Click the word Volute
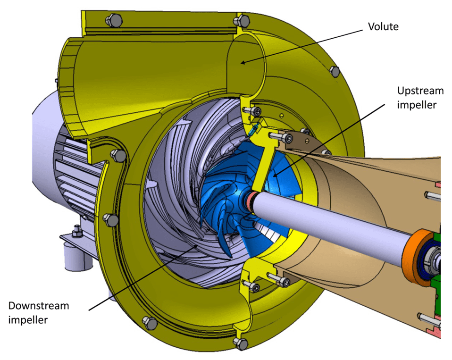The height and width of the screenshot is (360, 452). tap(383, 26)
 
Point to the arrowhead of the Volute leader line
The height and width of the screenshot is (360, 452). tap(241, 62)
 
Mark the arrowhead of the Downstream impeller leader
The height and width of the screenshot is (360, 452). tap(199, 245)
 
